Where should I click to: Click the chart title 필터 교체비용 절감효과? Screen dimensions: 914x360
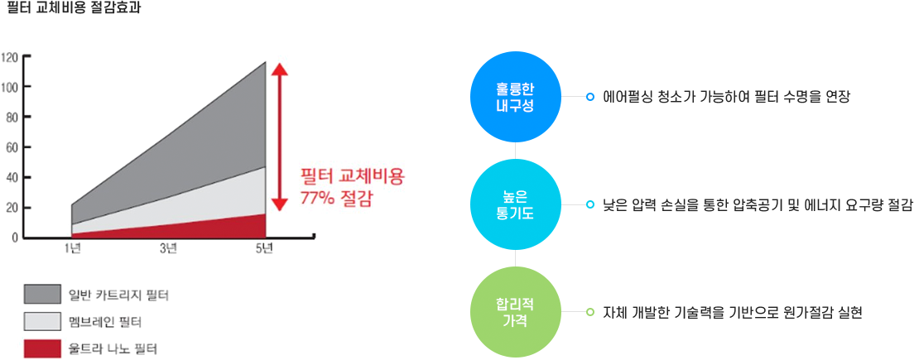pyautogui.click(x=73, y=10)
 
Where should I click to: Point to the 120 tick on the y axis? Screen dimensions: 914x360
pyautogui.click(x=11, y=57)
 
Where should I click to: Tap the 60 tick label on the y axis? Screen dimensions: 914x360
pyautogui.click(x=12, y=147)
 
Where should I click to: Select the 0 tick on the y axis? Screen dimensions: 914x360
pyautogui.click(x=15, y=238)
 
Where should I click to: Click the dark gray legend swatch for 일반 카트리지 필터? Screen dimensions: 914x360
pyautogui.click(x=42, y=294)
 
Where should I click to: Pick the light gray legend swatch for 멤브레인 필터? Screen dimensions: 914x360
pyautogui.click(x=42, y=322)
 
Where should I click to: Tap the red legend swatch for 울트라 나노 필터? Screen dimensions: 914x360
pyautogui.click(x=42, y=348)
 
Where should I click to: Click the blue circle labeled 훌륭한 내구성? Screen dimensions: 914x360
pyautogui.click(x=516, y=98)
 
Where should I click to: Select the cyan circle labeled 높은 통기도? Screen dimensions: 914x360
pyautogui.click(x=516, y=205)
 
